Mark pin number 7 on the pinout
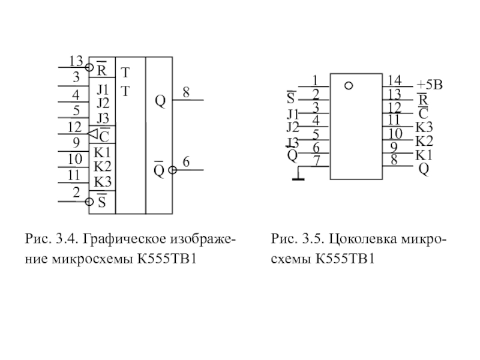tap(316, 161)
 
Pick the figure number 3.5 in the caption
tap(311, 241)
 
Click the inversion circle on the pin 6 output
tap(172, 170)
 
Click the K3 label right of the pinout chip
tap(424, 127)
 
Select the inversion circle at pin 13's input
tap(89, 67)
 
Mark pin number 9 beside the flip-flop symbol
tap(76, 143)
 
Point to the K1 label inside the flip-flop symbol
tap(101, 152)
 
